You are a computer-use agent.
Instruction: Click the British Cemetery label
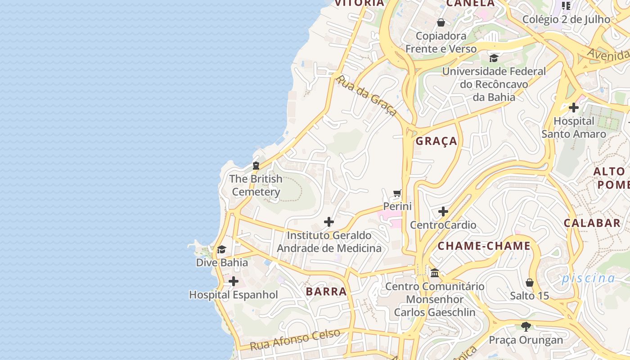pos(256,185)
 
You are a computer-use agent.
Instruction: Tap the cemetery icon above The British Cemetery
pos(256,166)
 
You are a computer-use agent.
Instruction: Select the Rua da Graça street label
pos(366,95)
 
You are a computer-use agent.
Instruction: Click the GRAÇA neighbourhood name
pos(436,141)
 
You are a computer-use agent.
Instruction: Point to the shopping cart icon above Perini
pos(397,193)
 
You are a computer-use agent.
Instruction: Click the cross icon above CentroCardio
pos(443,211)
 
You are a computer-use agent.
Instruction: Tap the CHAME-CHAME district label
pos(484,246)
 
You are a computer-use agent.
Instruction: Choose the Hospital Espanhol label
pos(234,295)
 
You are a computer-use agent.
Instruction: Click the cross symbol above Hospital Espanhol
pos(234,282)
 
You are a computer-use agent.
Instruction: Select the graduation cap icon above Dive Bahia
pos(221,250)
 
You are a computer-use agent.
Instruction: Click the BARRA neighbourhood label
pos(326,292)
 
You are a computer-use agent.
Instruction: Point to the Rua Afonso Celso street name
pos(295,340)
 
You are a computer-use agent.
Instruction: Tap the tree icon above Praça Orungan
pos(526,326)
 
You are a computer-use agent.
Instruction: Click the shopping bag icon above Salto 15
pos(530,283)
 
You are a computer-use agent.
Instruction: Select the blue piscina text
pos(588,278)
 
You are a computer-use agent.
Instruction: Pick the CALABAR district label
pos(592,223)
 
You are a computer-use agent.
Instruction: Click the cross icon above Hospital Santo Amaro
pos(574,108)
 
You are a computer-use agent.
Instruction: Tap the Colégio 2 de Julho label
pos(566,19)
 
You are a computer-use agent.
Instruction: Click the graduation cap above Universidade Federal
pos(494,58)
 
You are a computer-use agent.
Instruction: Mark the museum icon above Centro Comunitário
pos(435,273)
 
